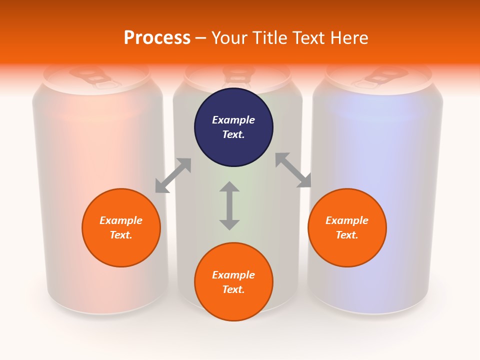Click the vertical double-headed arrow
229,205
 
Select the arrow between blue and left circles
173,175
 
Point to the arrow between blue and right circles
293,170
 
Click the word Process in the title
157,37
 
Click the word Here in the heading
348,37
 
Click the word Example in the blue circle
233,120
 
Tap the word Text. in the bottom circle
233,289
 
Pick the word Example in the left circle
121,220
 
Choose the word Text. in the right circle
347,235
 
